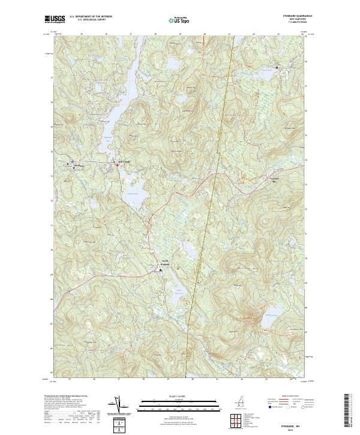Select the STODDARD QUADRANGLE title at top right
(x=292, y=16)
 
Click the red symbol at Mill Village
(x=118, y=165)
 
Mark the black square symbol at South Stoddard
(x=160, y=271)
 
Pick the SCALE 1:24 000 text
(x=180, y=395)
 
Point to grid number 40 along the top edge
(x=205, y=34)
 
